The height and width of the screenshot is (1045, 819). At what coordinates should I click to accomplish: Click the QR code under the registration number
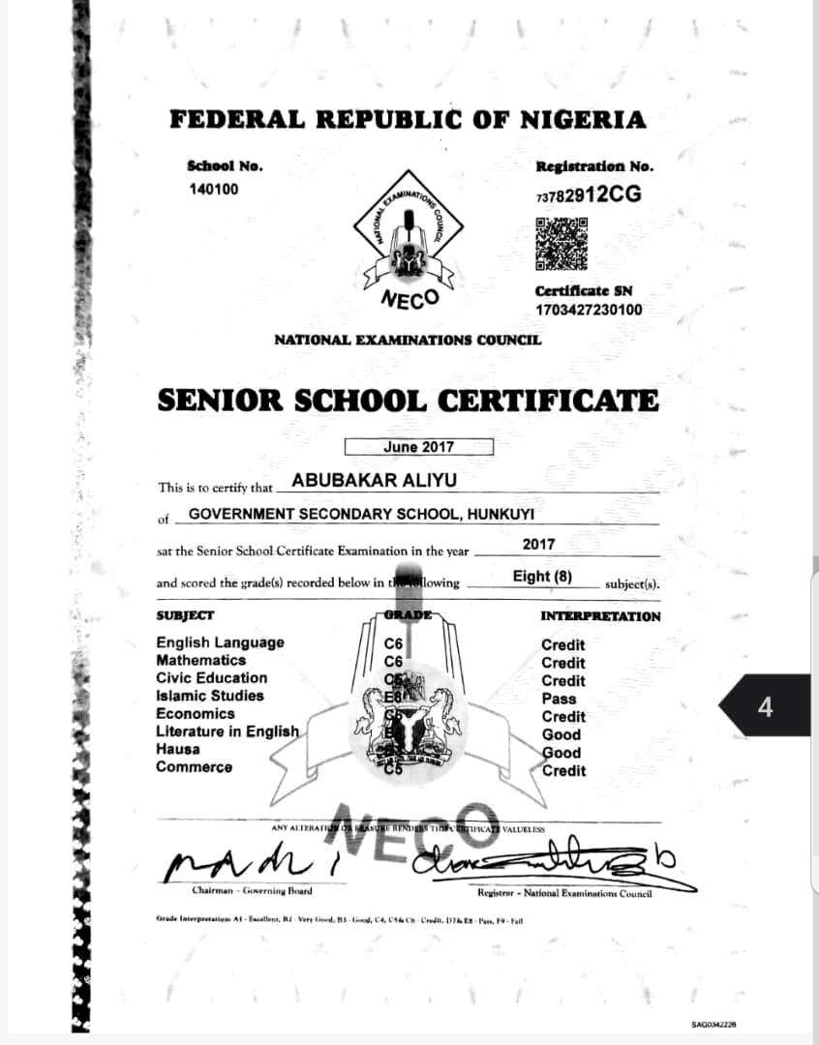click(562, 243)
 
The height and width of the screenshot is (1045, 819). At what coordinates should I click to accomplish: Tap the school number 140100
click(213, 190)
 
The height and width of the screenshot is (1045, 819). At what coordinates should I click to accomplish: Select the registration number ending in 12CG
click(588, 194)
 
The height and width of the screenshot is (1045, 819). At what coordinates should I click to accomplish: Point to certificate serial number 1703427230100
click(589, 311)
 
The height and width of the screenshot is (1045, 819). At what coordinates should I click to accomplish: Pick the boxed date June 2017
click(418, 447)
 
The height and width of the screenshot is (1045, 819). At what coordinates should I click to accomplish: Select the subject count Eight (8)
click(543, 577)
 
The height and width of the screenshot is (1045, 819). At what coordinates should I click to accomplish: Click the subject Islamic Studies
click(209, 696)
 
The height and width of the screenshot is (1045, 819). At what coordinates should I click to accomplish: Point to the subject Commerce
click(194, 767)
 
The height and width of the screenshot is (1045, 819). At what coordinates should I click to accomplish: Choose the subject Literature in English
click(227, 731)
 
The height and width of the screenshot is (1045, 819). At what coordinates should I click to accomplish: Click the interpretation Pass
click(559, 699)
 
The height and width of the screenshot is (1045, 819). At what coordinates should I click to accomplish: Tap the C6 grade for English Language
click(393, 644)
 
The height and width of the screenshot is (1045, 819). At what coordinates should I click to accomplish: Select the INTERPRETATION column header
click(600, 616)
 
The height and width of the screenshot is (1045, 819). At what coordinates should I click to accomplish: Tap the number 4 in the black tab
click(766, 707)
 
